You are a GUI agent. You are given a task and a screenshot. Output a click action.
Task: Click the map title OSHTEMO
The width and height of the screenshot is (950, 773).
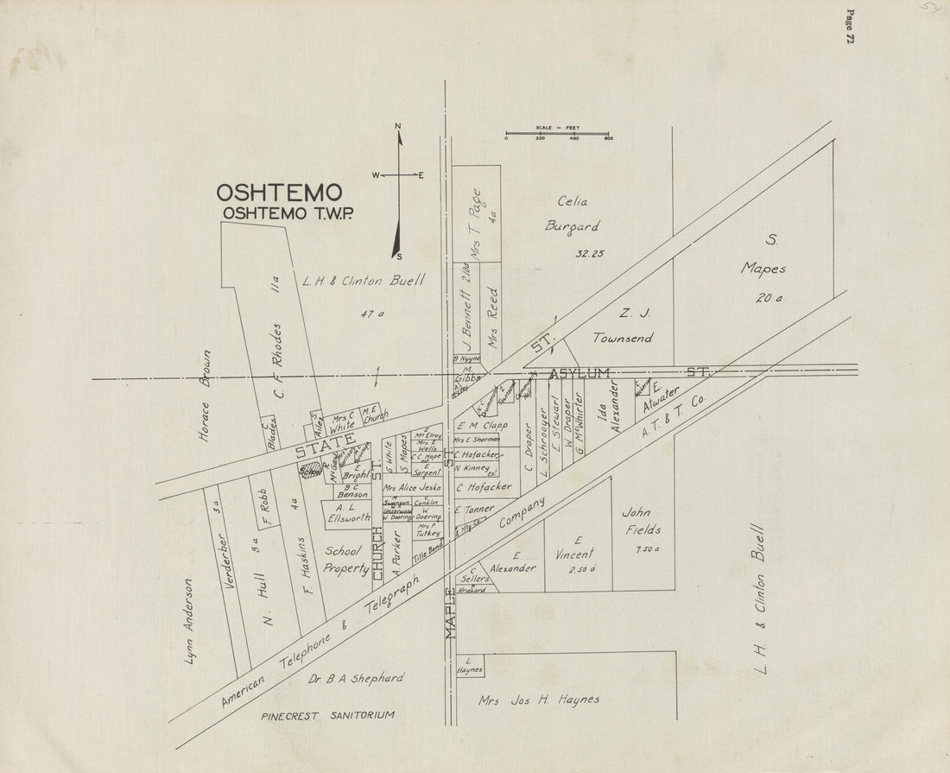pos(279,192)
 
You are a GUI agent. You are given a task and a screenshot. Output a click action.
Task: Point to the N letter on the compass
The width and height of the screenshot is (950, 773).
pos(398,127)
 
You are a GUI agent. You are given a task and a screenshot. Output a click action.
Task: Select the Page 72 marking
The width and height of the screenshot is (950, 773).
pos(850,27)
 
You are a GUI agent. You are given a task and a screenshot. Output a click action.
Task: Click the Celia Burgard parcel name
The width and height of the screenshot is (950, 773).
pos(571,214)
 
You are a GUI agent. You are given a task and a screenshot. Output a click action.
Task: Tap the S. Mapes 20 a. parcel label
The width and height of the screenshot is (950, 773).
pos(763,268)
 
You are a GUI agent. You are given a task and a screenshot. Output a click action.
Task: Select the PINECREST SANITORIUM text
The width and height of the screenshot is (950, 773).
pos(328,715)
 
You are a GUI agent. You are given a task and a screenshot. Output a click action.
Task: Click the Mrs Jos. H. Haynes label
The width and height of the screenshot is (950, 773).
pos(539,700)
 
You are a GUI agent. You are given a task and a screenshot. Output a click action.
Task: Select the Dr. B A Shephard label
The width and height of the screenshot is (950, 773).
pos(354,679)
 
